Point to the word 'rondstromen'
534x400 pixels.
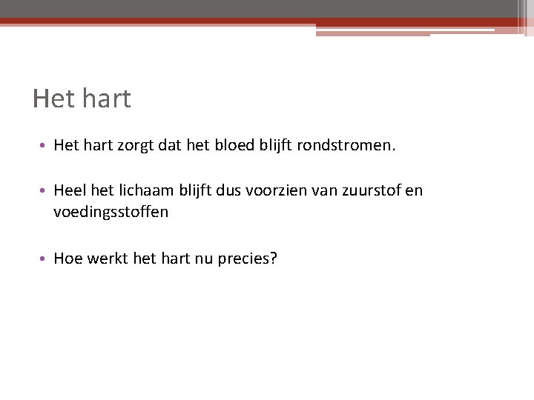click(344, 145)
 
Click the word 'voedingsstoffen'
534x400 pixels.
click(111, 212)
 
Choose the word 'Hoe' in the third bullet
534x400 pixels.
click(68, 259)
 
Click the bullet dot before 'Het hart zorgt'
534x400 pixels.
click(44, 147)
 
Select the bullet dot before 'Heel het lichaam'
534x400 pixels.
click(44, 191)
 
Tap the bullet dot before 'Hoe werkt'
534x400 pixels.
click(44, 260)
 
